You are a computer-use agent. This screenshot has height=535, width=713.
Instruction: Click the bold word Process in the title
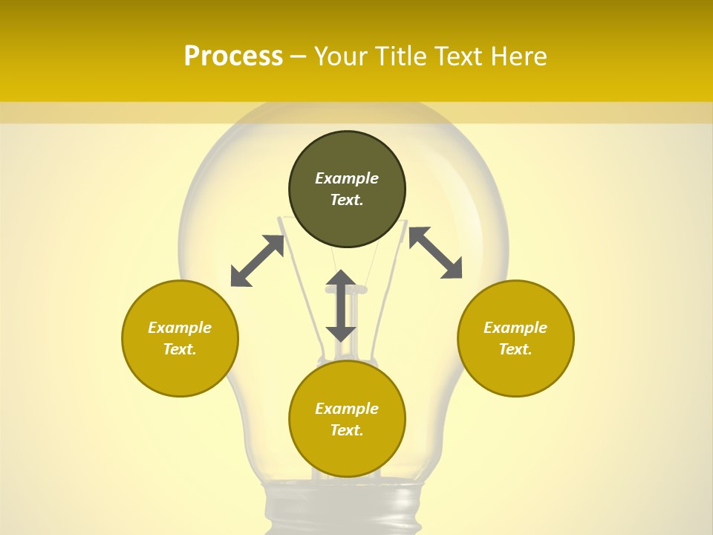(x=233, y=56)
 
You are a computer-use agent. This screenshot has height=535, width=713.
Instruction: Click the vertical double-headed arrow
(x=341, y=306)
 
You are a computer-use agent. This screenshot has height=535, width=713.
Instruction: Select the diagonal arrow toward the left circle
(x=257, y=261)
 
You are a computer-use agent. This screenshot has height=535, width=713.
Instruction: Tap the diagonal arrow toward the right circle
(x=435, y=253)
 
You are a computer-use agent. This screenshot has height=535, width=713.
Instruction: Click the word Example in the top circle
(x=347, y=178)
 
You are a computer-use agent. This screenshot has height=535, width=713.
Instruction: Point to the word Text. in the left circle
(x=180, y=349)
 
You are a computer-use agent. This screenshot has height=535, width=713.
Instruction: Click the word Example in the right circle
(x=515, y=328)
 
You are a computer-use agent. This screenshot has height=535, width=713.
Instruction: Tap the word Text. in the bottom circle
(x=347, y=430)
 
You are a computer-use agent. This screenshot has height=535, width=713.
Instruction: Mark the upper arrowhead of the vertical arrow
(x=341, y=279)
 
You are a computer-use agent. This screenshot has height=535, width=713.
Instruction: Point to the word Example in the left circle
(x=180, y=328)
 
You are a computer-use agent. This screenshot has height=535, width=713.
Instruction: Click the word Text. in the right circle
(x=515, y=349)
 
